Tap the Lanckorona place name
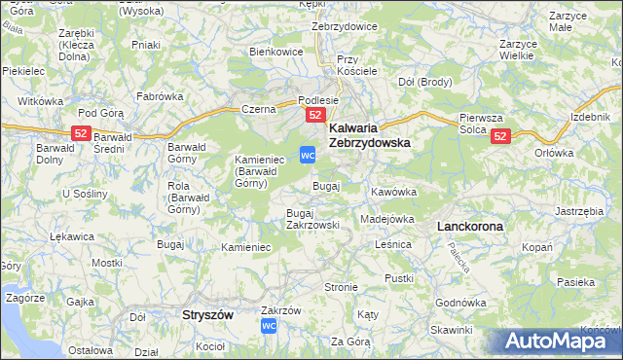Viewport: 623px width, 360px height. pos(470,226)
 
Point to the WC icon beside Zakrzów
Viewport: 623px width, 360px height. pos(271,326)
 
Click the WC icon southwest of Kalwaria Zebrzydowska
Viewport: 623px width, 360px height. pos(308,155)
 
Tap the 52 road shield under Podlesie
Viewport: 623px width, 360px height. pos(314,115)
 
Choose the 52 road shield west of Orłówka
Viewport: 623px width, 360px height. pos(500,137)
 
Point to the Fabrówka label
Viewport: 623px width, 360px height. pos(160,96)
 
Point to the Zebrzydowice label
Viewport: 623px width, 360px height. pos(344,26)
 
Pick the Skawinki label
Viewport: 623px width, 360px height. pos(450,330)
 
